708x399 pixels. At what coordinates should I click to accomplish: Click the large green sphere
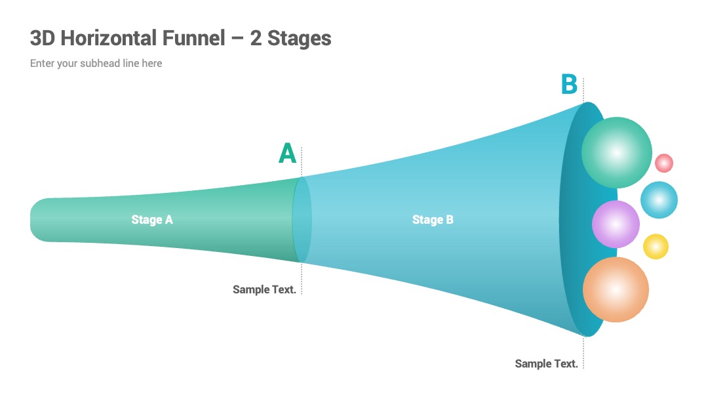pyautogui.click(x=616, y=152)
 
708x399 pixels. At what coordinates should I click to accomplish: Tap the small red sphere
pyautogui.click(x=663, y=163)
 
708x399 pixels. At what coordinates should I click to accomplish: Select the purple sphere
pyautogui.click(x=616, y=224)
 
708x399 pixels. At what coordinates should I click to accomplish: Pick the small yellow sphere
pyautogui.click(x=656, y=246)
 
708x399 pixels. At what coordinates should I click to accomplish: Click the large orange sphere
pyautogui.click(x=616, y=289)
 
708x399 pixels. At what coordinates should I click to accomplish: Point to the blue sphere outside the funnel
pyautogui.click(x=659, y=199)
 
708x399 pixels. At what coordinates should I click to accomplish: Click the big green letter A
pyautogui.click(x=287, y=153)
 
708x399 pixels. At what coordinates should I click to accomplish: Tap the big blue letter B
pyautogui.click(x=569, y=84)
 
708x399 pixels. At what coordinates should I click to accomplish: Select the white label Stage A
pyautogui.click(x=151, y=220)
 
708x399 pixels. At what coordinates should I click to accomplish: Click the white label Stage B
pyautogui.click(x=433, y=220)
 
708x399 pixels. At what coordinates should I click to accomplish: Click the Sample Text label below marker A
pyautogui.click(x=264, y=289)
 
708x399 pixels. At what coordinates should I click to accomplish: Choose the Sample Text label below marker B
pyautogui.click(x=546, y=364)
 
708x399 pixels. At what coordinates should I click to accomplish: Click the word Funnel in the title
pyautogui.click(x=193, y=38)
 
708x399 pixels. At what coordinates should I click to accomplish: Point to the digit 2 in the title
pyautogui.click(x=256, y=38)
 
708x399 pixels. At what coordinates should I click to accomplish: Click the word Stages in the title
pyautogui.click(x=299, y=39)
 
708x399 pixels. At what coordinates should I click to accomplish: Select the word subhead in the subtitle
pyautogui.click(x=100, y=63)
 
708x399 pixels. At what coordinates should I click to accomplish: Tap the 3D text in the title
pyautogui.click(x=43, y=38)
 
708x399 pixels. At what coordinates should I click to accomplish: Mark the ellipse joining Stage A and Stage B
pyautogui.click(x=302, y=220)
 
